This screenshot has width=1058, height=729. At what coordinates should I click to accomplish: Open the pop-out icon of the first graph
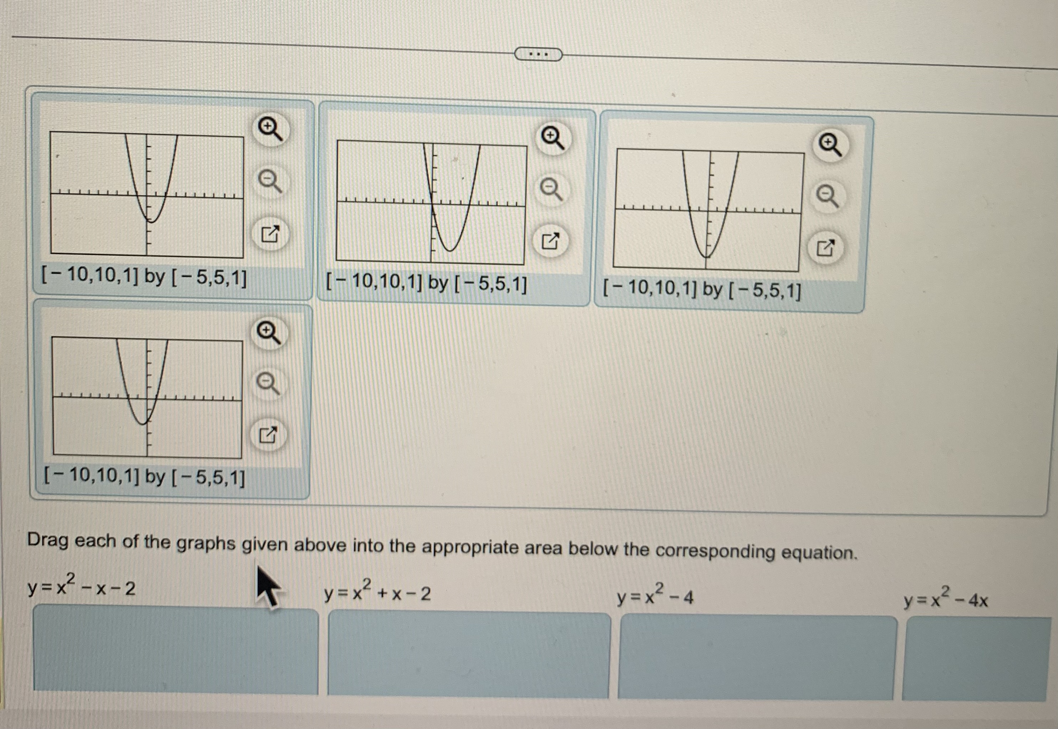click(x=270, y=234)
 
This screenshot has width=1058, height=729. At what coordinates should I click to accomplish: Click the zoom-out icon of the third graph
click(x=827, y=197)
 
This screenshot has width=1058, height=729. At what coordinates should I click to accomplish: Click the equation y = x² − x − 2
click(x=81, y=587)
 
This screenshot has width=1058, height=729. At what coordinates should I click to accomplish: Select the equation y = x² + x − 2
click(x=377, y=592)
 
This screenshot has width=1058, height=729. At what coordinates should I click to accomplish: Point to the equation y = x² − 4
click(x=655, y=596)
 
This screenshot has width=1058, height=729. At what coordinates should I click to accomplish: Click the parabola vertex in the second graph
click(x=450, y=251)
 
